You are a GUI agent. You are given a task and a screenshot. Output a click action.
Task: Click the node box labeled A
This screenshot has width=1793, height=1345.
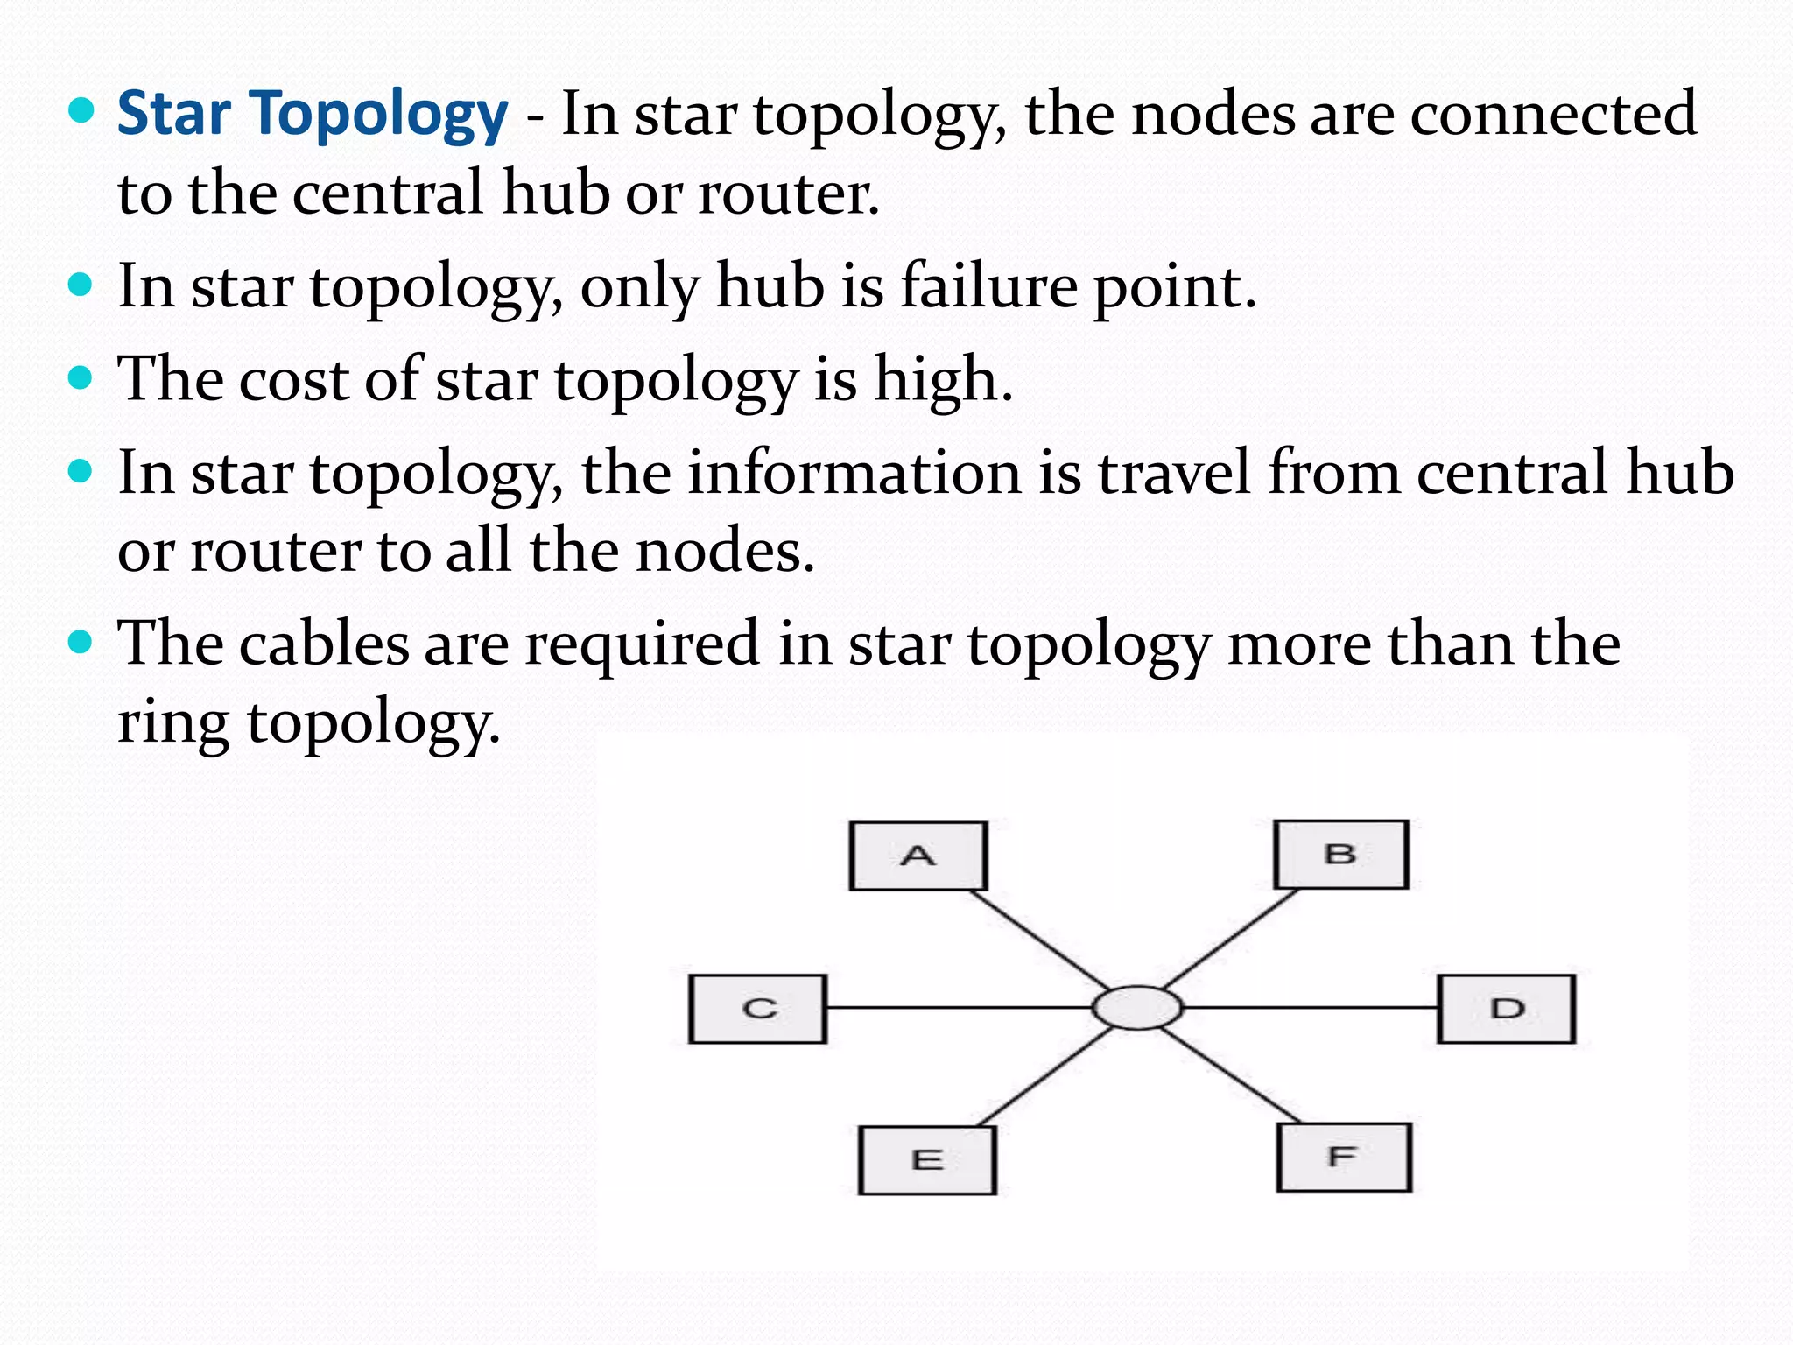(918, 856)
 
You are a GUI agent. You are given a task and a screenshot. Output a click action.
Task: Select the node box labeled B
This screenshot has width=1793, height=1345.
(1340, 854)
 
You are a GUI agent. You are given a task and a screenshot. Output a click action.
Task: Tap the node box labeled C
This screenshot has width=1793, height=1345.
(757, 1009)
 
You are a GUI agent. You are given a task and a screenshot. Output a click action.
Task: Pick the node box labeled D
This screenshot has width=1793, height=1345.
(1506, 1009)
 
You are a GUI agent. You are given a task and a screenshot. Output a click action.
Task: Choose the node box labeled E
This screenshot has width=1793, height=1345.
(927, 1160)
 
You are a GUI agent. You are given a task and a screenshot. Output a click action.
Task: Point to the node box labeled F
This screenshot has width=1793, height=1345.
(1344, 1158)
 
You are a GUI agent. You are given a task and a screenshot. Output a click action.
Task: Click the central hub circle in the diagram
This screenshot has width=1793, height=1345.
(1136, 1008)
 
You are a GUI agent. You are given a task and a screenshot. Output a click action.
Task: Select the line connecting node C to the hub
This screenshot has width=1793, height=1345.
(959, 1008)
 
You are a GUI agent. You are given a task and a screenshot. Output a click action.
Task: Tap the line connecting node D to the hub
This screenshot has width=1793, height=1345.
(1309, 1008)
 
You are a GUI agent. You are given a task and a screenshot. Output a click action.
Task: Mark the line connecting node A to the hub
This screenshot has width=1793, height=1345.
(1040, 940)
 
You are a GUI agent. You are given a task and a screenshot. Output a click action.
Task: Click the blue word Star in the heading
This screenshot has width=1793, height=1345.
(173, 114)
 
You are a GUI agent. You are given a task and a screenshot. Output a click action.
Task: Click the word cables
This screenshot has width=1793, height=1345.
(323, 644)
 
